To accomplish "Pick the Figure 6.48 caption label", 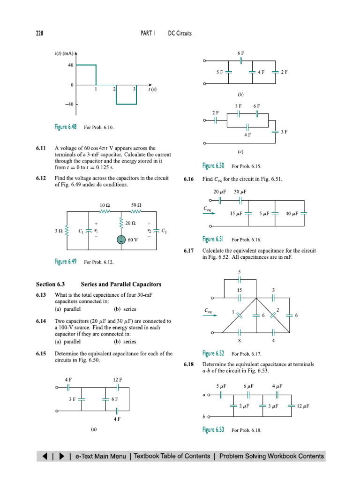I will point(66,127).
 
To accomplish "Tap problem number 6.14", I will point(41,321).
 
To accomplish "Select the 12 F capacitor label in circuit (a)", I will point(117,379).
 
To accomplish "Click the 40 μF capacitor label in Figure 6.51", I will point(292,214).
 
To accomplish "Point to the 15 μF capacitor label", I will point(235,214).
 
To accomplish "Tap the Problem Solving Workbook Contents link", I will point(271,456).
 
